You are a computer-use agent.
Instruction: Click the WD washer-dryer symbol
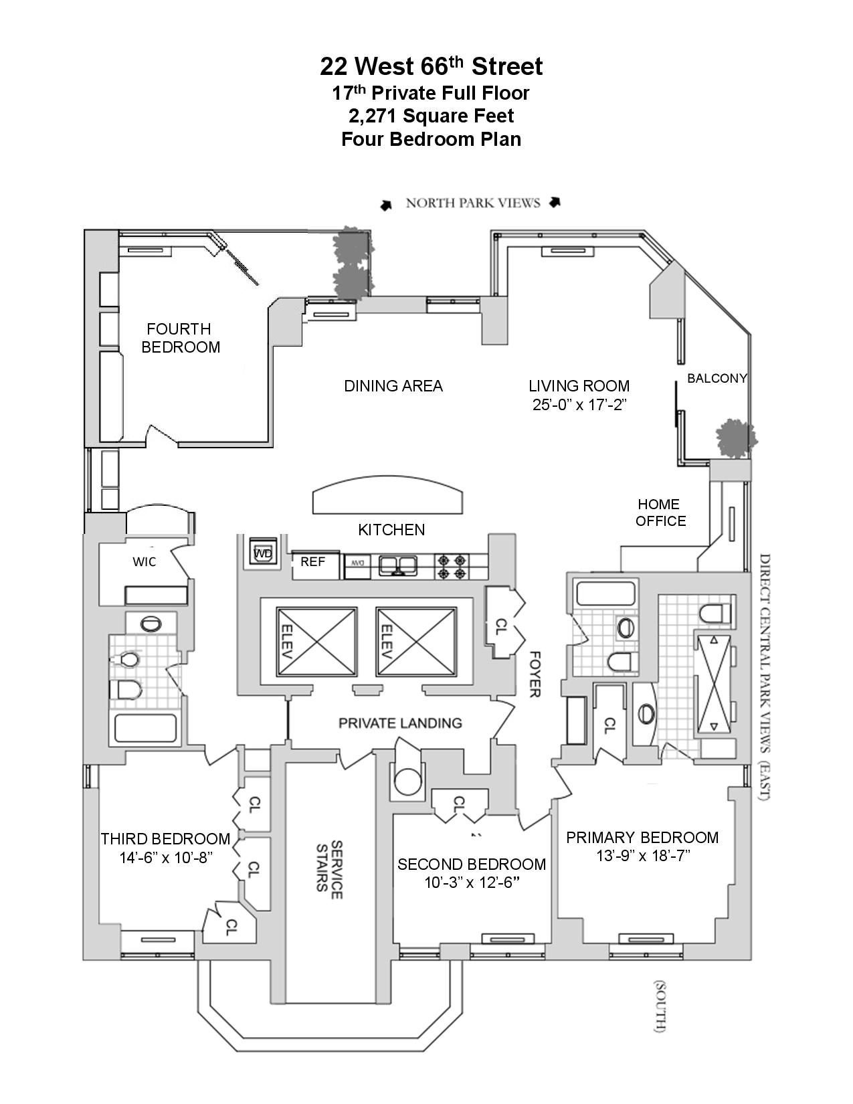(x=263, y=553)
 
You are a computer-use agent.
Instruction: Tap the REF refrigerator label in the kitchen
(x=312, y=562)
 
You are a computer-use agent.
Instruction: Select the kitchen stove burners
(x=452, y=567)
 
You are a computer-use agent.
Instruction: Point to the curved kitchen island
(x=388, y=496)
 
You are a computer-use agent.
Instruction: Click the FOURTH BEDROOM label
(x=180, y=338)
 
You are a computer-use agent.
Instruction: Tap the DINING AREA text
(x=393, y=386)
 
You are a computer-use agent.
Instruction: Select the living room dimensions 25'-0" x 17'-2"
(x=579, y=404)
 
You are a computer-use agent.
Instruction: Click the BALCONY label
(x=717, y=379)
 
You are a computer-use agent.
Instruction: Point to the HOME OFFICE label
(x=660, y=513)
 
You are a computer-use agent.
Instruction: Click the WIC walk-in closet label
(x=145, y=562)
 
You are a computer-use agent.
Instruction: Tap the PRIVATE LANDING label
(x=400, y=723)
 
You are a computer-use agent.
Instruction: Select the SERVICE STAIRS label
(x=330, y=866)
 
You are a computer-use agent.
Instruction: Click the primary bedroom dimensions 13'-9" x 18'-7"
(x=643, y=856)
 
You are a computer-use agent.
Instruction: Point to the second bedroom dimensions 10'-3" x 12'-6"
(x=472, y=883)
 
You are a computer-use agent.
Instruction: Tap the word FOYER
(x=534, y=674)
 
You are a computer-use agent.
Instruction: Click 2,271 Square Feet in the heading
(x=432, y=116)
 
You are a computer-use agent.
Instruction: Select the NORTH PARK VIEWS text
(x=472, y=203)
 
